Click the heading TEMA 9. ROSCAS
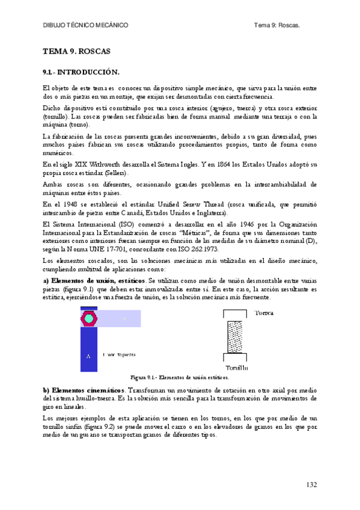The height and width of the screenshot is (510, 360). [76, 51]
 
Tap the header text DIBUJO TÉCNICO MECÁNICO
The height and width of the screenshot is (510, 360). [86, 25]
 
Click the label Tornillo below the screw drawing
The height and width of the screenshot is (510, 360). [237, 367]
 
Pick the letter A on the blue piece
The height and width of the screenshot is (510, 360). [88, 357]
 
